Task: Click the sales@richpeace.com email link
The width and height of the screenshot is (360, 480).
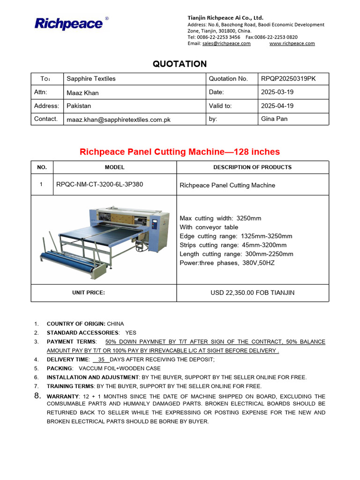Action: (226, 44)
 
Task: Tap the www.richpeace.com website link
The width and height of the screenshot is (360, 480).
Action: (292, 44)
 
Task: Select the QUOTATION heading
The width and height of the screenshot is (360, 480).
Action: (180, 64)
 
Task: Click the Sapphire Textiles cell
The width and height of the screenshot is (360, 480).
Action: (91, 79)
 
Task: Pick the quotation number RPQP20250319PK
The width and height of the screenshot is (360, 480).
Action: (288, 79)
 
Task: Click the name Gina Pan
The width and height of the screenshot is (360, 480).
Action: (274, 119)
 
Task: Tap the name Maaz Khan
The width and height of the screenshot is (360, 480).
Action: (82, 93)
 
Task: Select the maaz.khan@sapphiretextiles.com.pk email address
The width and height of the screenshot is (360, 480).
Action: (119, 120)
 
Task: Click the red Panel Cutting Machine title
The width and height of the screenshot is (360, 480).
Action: (180, 152)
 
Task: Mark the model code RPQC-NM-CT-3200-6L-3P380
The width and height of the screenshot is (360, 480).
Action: (99, 185)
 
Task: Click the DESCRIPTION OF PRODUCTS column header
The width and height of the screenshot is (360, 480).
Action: (252, 167)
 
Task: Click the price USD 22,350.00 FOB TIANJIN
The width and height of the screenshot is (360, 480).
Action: (252, 293)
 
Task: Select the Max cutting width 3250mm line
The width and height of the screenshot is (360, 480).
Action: (220, 218)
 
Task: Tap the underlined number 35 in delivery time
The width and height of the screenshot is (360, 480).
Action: (101, 360)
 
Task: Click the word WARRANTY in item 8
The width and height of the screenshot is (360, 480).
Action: (62, 397)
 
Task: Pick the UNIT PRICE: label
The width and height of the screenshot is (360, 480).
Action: (89, 293)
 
